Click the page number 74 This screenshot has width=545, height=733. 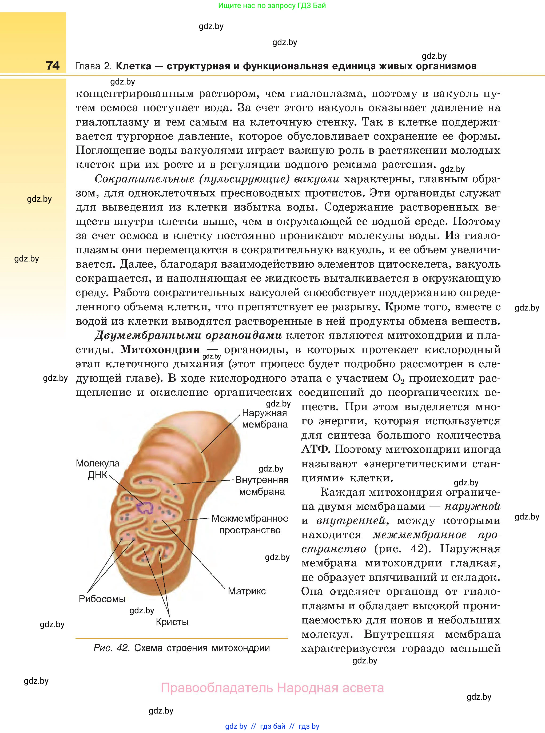(53, 66)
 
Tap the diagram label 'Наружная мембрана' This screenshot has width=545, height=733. (265, 418)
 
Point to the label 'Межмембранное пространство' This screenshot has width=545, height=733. (250, 524)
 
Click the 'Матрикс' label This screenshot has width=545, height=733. (247, 591)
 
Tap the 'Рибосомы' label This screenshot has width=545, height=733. (102, 599)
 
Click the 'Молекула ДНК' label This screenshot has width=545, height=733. (98, 469)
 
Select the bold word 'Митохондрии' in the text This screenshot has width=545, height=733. (160, 350)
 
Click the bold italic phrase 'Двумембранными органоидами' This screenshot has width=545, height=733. (188, 336)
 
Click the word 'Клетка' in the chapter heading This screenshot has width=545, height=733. (134, 66)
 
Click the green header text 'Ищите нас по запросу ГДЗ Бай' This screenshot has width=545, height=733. (272, 6)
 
